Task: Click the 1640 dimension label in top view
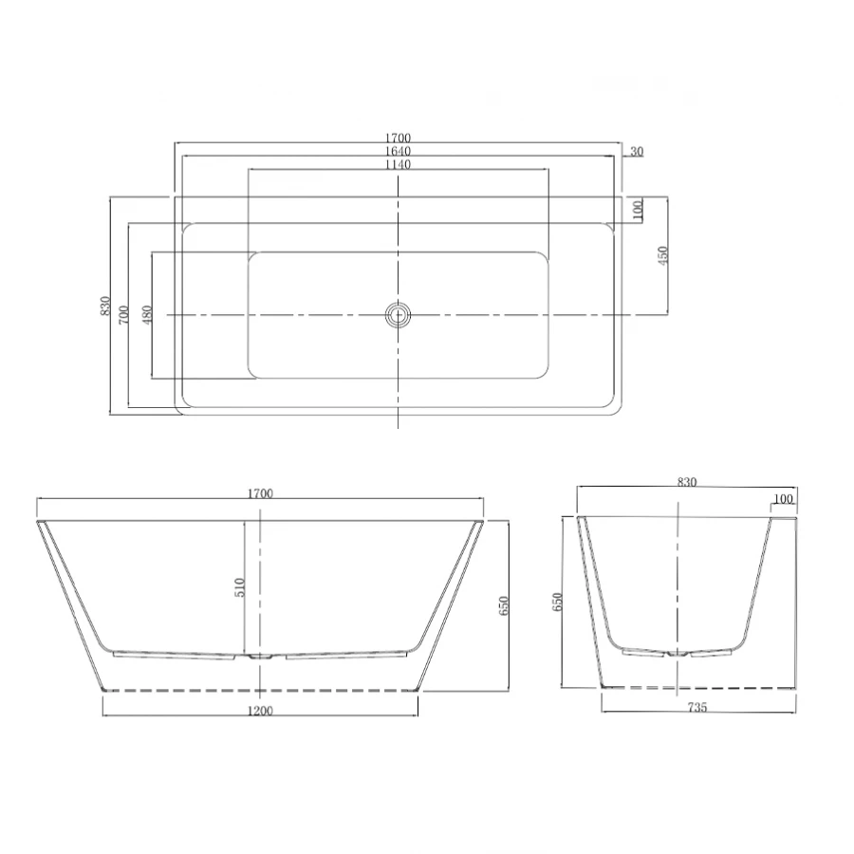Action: (x=398, y=151)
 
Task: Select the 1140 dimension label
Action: (x=398, y=164)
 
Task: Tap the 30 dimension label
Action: (x=637, y=152)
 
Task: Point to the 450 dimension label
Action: (x=663, y=255)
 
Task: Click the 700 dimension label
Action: (x=124, y=315)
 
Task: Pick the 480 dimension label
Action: (x=146, y=315)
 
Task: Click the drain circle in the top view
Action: (x=398, y=315)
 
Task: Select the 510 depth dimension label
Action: (x=240, y=587)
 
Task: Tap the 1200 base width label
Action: (x=260, y=710)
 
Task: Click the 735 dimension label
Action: (x=697, y=707)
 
